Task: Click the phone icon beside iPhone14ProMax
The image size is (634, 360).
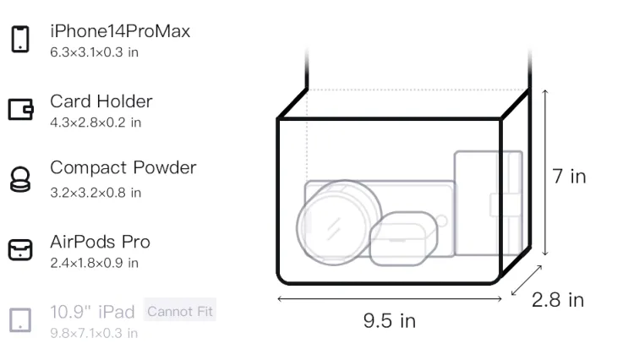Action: pos(20,39)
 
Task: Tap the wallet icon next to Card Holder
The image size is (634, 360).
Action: pos(20,110)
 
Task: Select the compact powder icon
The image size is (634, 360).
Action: pos(20,179)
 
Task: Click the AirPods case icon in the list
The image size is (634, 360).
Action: pos(20,249)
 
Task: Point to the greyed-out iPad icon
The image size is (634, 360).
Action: pos(20,320)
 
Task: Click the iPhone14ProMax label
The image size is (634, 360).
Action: pos(120,31)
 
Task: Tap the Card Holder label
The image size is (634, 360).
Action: pos(101,101)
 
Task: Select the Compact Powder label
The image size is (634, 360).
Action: pos(123,167)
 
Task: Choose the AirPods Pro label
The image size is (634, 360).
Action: pos(101,242)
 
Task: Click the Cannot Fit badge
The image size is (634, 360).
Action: pos(180,312)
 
